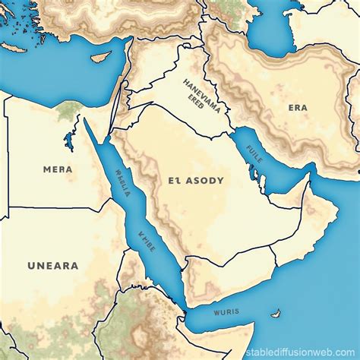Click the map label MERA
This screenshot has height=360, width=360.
pyautogui.click(x=58, y=169)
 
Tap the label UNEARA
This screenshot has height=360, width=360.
pyautogui.click(x=52, y=266)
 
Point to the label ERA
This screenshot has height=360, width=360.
pyautogui.click(x=298, y=108)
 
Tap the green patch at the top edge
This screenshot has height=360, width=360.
pyautogui.click(x=228, y=6)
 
